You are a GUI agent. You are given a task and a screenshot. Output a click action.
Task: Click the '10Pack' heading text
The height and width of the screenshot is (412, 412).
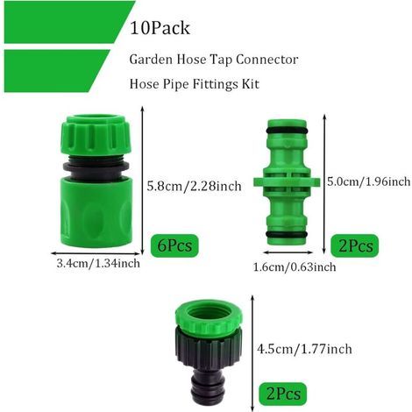(160, 28)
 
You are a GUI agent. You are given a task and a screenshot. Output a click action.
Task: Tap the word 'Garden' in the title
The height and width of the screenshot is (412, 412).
(151, 60)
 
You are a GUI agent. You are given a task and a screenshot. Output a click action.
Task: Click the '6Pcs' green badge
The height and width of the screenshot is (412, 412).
(174, 245)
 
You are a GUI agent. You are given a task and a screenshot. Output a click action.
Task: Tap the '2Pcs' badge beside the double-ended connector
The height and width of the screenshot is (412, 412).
(355, 245)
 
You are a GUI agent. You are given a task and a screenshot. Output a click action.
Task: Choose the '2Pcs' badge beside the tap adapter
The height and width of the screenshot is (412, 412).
(283, 394)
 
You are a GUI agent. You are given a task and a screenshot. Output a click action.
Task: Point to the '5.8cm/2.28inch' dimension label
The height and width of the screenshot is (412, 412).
(194, 186)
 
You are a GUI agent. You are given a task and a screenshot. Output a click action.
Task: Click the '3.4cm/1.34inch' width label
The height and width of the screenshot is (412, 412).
(98, 264)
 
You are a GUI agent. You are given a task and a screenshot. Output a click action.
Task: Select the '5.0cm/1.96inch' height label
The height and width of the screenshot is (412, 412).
(369, 181)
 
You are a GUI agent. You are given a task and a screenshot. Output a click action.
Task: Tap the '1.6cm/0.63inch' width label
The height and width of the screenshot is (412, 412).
(295, 266)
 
